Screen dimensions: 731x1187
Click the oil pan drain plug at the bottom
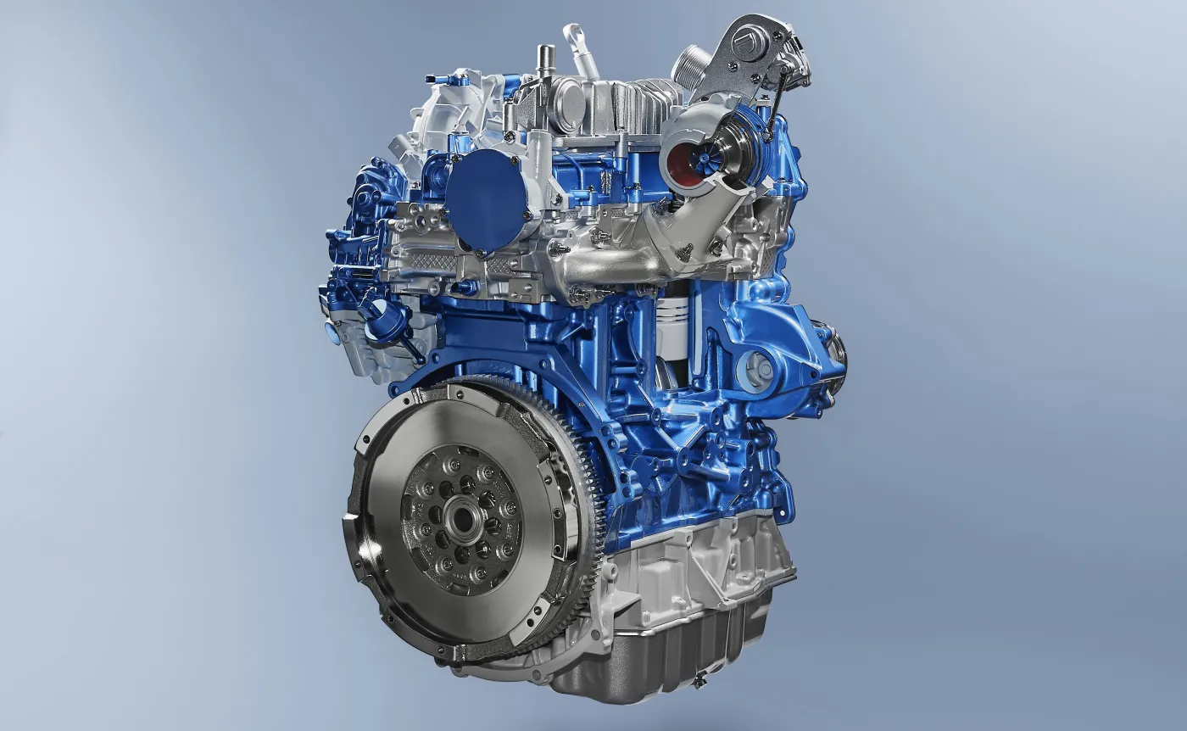[x=699, y=678]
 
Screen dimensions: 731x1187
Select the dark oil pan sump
[x=670, y=653]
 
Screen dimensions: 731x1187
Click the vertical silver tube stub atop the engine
[x=543, y=64]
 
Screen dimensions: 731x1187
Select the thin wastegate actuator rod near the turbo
[x=774, y=102]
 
